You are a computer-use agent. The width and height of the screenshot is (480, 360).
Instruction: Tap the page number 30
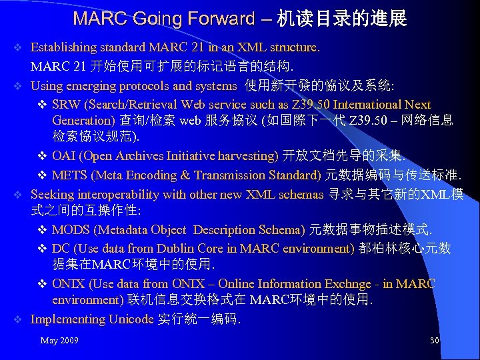434,341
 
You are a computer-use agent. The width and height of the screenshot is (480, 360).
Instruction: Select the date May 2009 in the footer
59,341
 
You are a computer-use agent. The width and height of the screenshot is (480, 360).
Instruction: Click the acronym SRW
65,105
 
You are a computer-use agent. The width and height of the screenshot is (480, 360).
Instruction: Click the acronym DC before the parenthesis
60,249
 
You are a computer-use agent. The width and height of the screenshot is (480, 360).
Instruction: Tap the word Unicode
131,319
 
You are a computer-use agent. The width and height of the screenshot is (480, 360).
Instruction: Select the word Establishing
63,47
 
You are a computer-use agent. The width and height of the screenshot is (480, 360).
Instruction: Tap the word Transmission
235,175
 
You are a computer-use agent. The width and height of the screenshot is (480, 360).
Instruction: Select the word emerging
83,85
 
